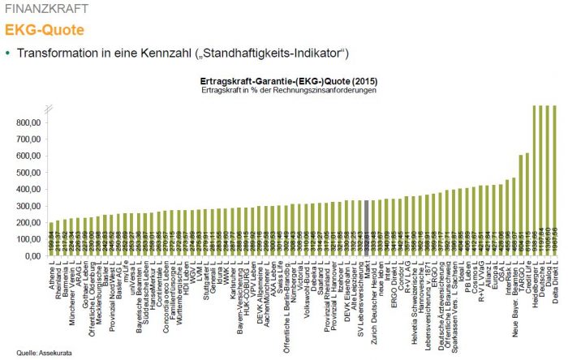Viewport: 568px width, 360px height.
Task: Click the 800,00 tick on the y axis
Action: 26,122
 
